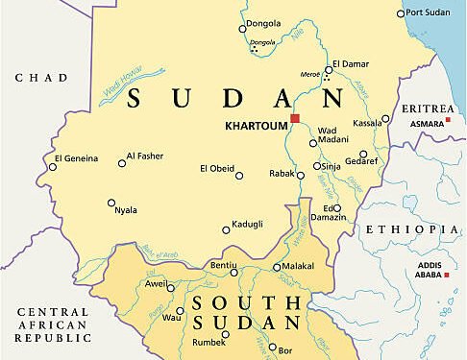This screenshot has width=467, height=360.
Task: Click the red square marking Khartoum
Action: click(x=295, y=119)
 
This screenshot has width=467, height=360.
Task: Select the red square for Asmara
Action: click(x=450, y=110)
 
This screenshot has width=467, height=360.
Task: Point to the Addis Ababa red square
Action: click(x=446, y=276)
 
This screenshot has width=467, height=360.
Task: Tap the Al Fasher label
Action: click(x=146, y=155)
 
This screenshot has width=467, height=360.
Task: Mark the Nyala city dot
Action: click(x=111, y=203)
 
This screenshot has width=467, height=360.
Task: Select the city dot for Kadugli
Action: click(x=227, y=229)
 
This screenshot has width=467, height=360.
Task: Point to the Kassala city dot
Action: click(x=385, y=119)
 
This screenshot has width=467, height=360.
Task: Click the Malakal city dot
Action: click(x=277, y=268)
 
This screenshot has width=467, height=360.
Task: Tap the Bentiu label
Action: click(x=224, y=263)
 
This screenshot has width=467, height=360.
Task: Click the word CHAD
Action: click(x=41, y=78)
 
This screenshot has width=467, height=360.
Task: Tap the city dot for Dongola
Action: click(x=242, y=29)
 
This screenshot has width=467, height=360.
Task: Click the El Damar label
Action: click(x=351, y=64)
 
